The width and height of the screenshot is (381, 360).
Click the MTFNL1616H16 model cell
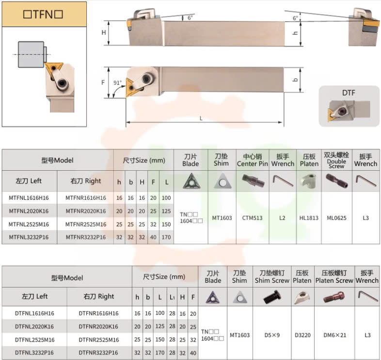pyautogui.click(x=29, y=198)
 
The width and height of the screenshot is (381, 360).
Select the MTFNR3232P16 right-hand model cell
pyautogui.click(x=86, y=237)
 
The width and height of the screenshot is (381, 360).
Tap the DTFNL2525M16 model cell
pyautogui.click(x=34, y=340)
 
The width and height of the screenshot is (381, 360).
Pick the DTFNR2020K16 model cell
pyautogui.click(x=98, y=327)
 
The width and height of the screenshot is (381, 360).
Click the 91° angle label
pyautogui.click(x=118, y=82)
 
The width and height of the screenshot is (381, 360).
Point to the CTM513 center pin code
pyautogui.click(x=252, y=218)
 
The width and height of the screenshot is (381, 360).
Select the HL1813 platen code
pyautogui.click(x=309, y=218)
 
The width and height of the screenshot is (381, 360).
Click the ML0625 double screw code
pyautogui.click(x=336, y=218)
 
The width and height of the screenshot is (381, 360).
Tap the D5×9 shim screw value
pyautogui.click(x=272, y=335)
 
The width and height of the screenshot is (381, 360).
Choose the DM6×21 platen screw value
pyautogui.click(x=334, y=335)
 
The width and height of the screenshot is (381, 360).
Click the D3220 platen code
pyautogui.click(x=302, y=335)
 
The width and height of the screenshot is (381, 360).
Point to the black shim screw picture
pyautogui.click(x=272, y=297)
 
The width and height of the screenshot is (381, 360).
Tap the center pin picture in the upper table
pyautogui.click(x=253, y=181)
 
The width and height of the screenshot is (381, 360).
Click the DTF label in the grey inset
pyautogui.click(x=349, y=93)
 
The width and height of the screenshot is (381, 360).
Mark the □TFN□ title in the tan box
pyautogui.click(x=43, y=15)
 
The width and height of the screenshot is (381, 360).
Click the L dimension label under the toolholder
pyautogui.click(x=201, y=118)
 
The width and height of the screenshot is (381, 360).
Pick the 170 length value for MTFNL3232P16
pyautogui.click(x=166, y=237)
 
